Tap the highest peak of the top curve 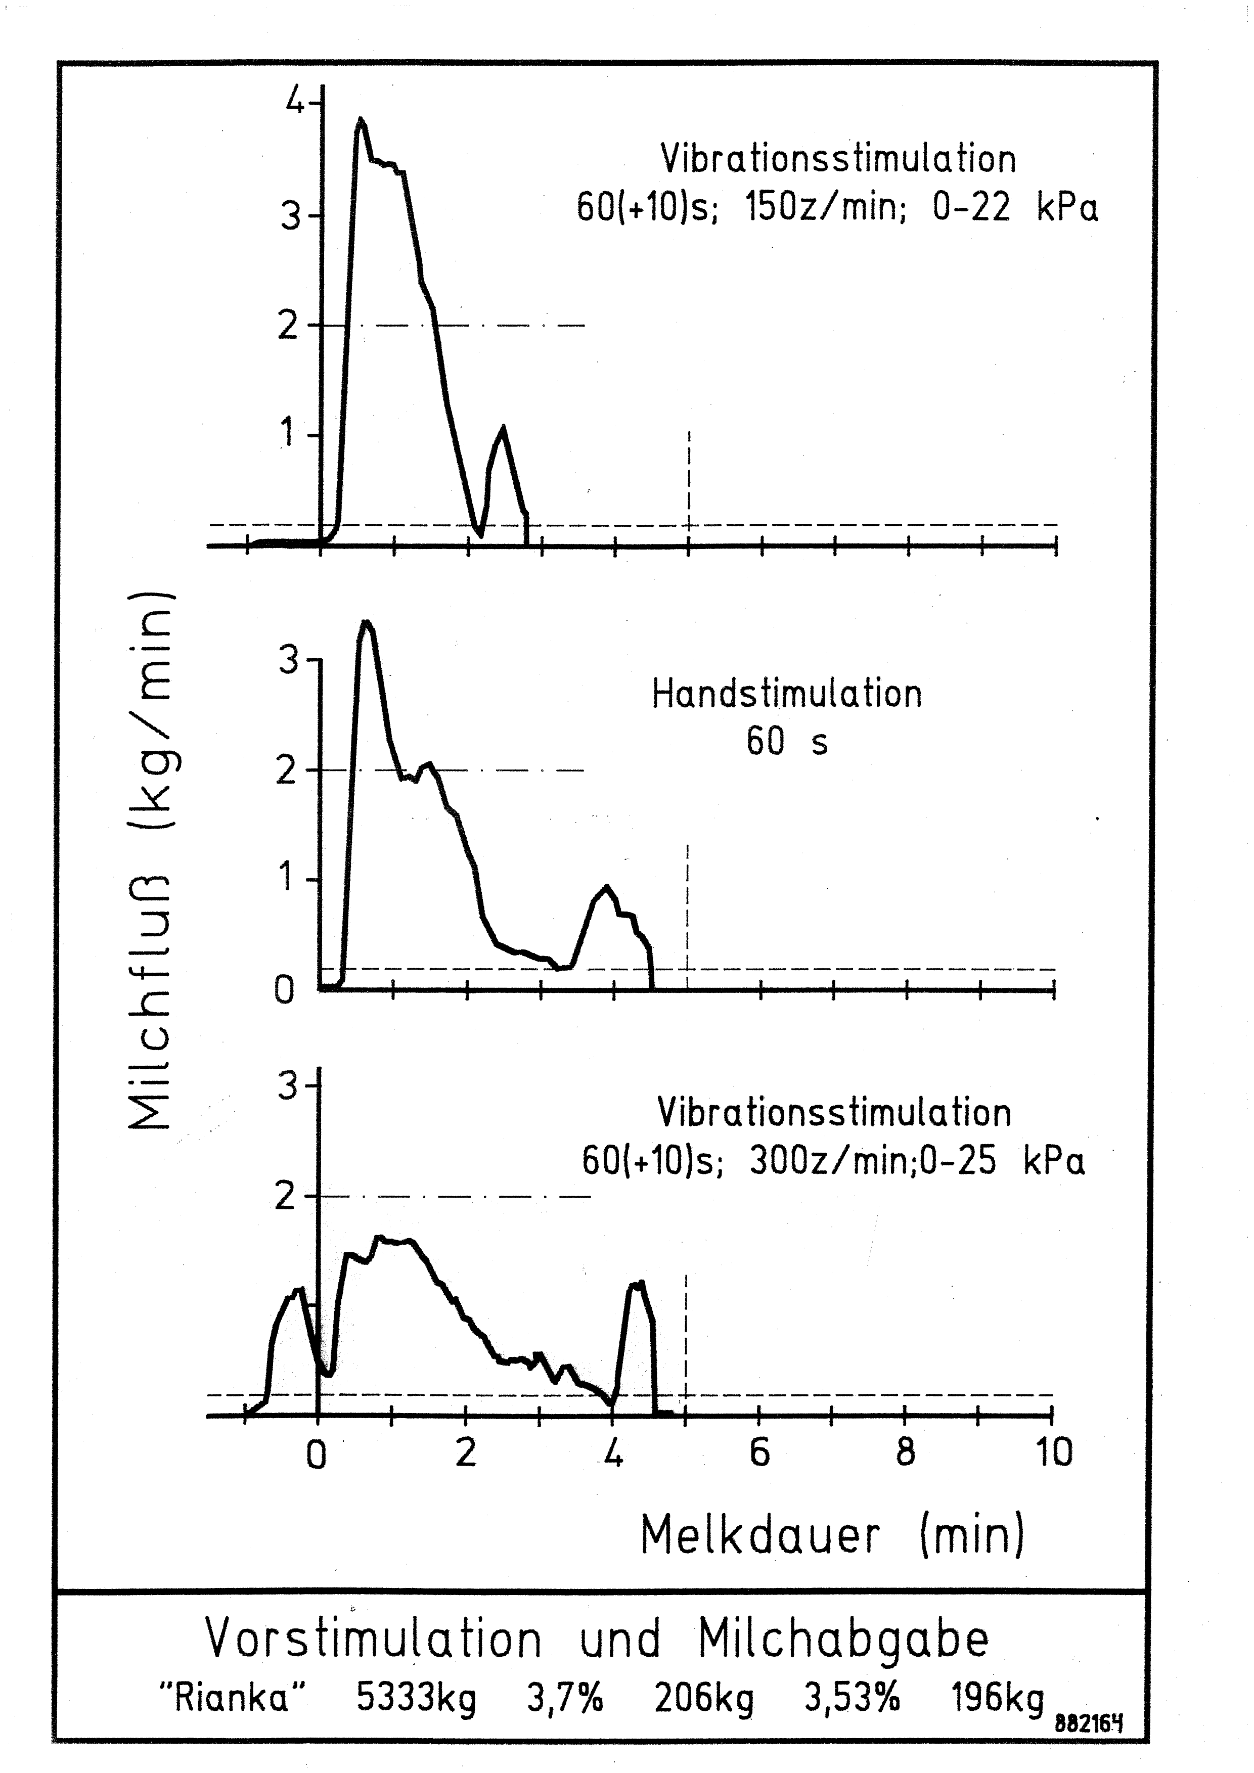pos(360,120)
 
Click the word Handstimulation pos(787,694)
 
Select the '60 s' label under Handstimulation pos(787,742)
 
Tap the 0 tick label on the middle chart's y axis pos(284,990)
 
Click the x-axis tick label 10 pos(1053,1453)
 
